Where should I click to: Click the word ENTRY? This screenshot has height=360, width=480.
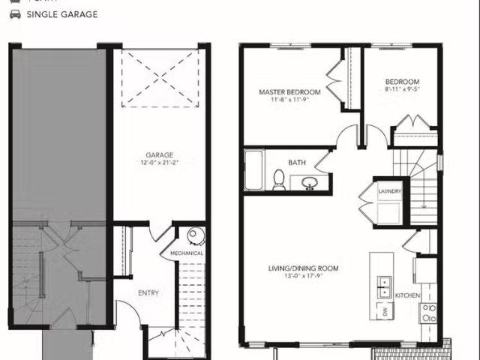[147, 292]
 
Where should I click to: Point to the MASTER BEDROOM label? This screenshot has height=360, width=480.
[289, 92]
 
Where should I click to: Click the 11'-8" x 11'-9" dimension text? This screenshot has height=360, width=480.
[289, 100]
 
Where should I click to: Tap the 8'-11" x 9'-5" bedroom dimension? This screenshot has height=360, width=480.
[402, 89]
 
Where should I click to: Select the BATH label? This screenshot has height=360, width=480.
[297, 162]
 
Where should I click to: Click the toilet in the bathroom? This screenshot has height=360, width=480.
[279, 179]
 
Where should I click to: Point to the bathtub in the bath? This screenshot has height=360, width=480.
[253, 171]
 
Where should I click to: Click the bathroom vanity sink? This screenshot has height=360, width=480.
[307, 182]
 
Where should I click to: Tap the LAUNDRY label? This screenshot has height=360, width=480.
[390, 191]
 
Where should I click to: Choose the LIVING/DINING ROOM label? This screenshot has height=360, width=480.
[304, 268]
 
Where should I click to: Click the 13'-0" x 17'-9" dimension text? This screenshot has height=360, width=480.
[304, 277]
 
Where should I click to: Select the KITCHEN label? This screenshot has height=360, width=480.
[407, 295]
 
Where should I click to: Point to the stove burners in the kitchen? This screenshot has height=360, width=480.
[428, 312]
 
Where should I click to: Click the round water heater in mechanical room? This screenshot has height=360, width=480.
[195, 235]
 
